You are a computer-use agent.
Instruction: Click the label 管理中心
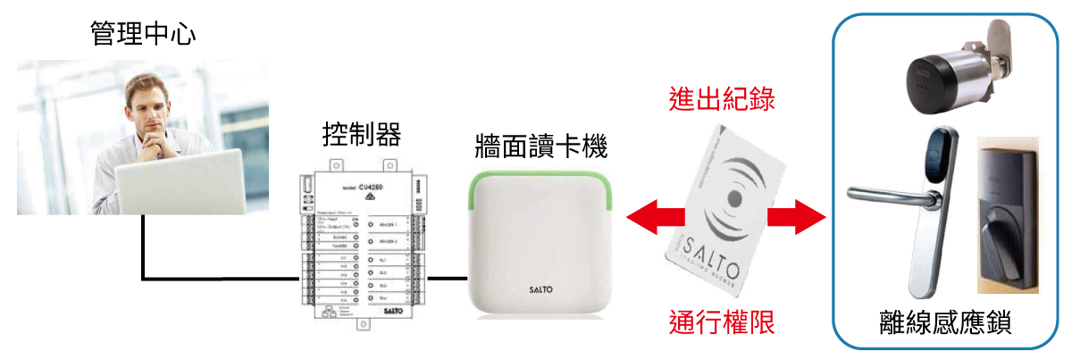(x=143, y=34)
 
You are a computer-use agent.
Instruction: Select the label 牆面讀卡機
(x=542, y=143)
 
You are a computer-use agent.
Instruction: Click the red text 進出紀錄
(x=722, y=99)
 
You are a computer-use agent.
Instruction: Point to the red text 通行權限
(x=722, y=322)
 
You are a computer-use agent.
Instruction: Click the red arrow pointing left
(x=652, y=215)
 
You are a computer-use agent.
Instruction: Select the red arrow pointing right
(x=797, y=215)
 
